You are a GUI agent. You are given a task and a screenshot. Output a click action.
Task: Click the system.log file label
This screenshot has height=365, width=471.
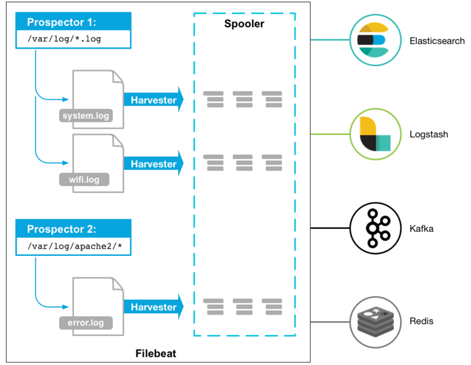[86, 115]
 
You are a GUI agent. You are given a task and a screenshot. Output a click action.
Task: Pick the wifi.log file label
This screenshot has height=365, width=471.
[84, 179]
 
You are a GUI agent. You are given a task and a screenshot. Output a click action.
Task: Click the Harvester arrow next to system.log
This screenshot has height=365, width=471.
[154, 100]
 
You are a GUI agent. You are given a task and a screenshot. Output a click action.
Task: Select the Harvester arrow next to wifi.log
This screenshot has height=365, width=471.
[154, 164]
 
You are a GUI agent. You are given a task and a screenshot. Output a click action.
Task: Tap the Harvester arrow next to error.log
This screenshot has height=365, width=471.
[154, 307]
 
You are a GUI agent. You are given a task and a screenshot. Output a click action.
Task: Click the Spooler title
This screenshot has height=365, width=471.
[244, 24]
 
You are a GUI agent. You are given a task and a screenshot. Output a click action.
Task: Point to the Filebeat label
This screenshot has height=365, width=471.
[155, 354]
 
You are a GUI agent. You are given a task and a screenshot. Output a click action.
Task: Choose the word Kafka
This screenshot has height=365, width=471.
[422, 229]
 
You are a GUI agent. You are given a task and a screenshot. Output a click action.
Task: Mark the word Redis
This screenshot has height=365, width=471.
[422, 321]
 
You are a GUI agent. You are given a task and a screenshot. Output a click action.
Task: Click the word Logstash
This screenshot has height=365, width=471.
[428, 134]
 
